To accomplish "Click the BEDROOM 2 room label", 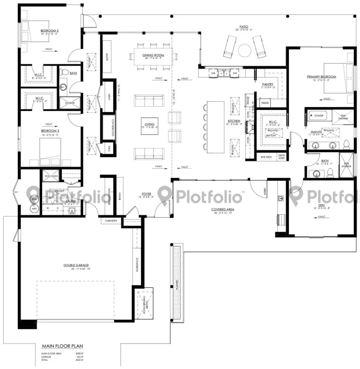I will point(50,32).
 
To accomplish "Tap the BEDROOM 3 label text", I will point(50,131).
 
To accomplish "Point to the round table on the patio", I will point(245,49).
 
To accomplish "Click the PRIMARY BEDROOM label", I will point(322,76).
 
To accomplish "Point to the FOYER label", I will point(146,194).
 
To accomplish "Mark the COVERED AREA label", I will point(222,209).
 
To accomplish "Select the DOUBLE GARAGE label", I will point(77,265).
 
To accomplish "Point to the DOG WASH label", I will point(51,176).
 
